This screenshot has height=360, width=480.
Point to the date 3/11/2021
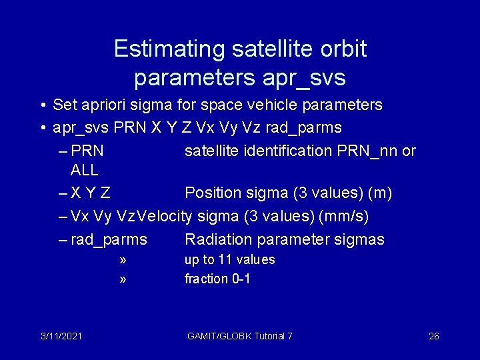point(61,336)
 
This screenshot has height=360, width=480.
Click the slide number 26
point(433,336)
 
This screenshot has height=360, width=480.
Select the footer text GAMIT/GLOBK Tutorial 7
point(240,336)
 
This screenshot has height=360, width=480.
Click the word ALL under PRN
point(84,170)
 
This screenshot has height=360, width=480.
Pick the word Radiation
point(217,239)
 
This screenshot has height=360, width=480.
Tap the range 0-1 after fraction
point(241,279)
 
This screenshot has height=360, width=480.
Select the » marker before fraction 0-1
point(123,279)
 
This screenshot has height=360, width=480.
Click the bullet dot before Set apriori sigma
point(42,105)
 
